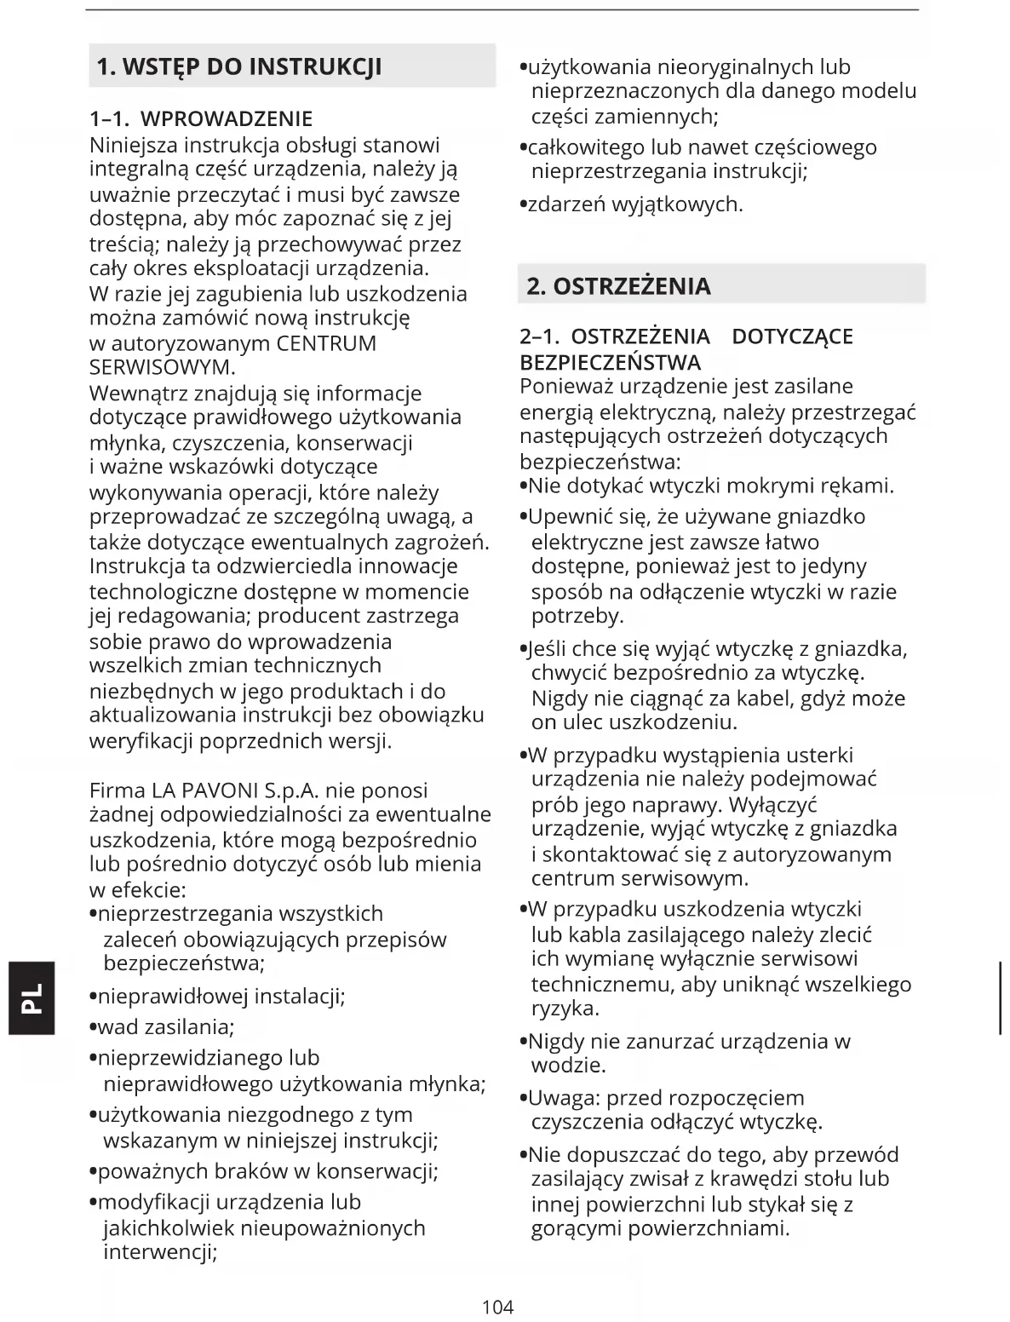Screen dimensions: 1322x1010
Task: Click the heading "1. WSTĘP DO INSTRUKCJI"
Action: (239, 66)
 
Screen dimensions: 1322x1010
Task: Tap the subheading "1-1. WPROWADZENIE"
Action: (201, 118)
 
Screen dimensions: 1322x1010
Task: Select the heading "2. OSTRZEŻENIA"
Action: (618, 285)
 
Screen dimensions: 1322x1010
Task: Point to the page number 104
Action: (498, 1306)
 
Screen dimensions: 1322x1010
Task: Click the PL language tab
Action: (32, 997)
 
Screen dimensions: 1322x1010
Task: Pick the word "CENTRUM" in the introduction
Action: (326, 343)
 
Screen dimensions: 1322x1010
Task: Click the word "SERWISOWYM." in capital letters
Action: (162, 368)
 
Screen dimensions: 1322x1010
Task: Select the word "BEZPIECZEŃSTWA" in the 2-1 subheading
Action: (610, 362)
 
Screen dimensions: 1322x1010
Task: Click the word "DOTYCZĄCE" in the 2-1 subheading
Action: (792, 336)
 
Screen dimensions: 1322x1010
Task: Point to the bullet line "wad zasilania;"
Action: (166, 1026)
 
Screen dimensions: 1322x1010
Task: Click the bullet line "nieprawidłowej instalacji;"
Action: (221, 996)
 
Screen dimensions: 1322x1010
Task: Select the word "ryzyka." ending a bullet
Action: (565, 1009)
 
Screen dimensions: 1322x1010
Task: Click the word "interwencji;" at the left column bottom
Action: (160, 1252)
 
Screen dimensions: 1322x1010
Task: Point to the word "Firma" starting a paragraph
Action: (118, 790)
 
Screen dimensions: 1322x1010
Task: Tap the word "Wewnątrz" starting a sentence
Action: (139, 394)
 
